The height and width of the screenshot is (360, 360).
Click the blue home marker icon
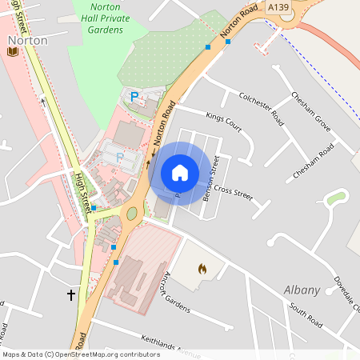[180, 173]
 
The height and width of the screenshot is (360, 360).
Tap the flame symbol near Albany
[201, 270]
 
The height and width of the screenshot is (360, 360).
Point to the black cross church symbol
[70, 296]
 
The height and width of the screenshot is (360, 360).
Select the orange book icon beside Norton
[12, 52]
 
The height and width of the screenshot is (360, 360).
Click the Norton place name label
[26, 40]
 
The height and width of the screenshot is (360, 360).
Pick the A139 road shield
[278, 7]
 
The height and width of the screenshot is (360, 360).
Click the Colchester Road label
[262, 109]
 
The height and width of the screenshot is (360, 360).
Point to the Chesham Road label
[314, 161]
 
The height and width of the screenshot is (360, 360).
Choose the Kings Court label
[223, 122]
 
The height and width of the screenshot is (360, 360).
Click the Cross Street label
[233, 191]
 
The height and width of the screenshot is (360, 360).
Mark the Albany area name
[302, 290]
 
